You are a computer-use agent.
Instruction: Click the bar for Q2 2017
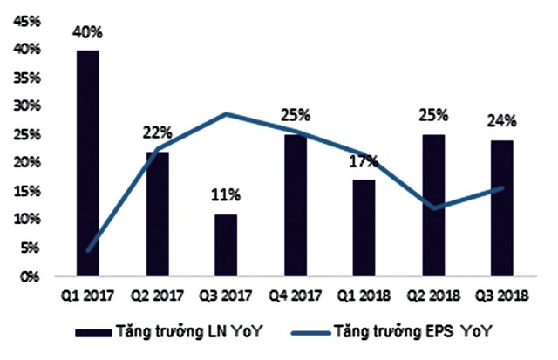pyautogui.click(x=159, y=214)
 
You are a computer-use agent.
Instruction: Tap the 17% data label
pyautogui.click(x=364, y=161)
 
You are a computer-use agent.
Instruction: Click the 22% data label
pyautogui.click(x=159, y=132)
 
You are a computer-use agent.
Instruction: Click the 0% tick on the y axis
pyautogui.click(x=26, y=276)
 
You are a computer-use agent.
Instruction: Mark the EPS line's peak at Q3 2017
pyautogui.click(x=226, y=114)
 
